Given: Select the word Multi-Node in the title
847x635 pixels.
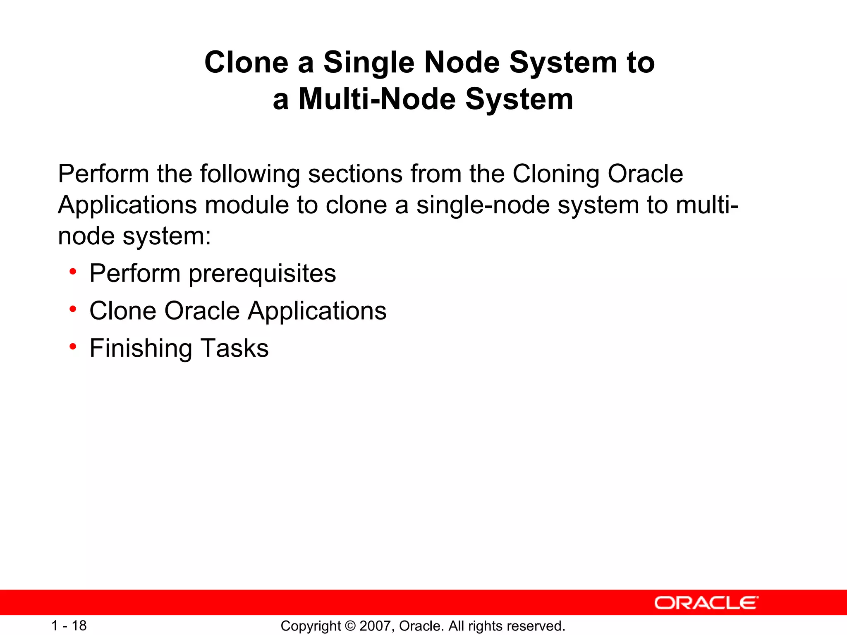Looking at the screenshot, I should coord(377,99).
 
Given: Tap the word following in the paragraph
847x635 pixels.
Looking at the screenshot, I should coord(250,174).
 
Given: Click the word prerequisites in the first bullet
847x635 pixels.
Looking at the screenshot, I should coord(262,274).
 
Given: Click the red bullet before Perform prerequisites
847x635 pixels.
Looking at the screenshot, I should coord(73,272).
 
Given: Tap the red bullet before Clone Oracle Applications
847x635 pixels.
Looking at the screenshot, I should coord(73,309).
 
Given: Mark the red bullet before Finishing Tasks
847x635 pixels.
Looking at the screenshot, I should coord(73,346).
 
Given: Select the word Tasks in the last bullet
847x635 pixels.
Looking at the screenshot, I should coord(234,348).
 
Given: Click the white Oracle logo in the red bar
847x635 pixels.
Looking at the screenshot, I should coord(706,603).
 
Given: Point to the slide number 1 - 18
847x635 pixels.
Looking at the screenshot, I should coord(69,625).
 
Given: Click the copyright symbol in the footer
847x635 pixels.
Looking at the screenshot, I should coord(350,626).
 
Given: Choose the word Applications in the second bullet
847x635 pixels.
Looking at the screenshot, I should coord(317,311).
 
